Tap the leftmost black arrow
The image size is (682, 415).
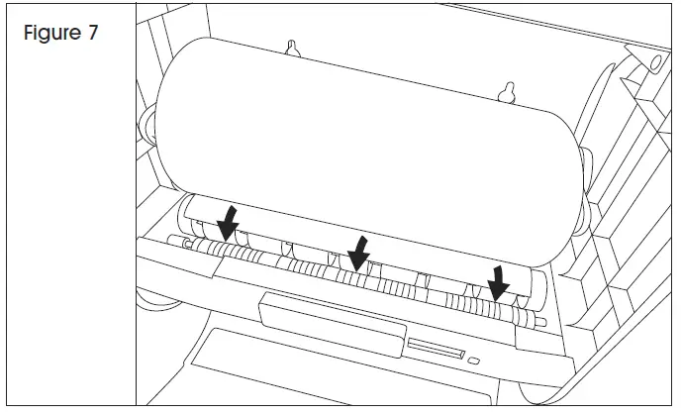point(228,222)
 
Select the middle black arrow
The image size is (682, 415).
point(358,252)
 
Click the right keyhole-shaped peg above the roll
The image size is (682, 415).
point(510,91)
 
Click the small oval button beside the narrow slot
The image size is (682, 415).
point(475,358)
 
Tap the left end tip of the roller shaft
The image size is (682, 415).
point(171,239)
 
